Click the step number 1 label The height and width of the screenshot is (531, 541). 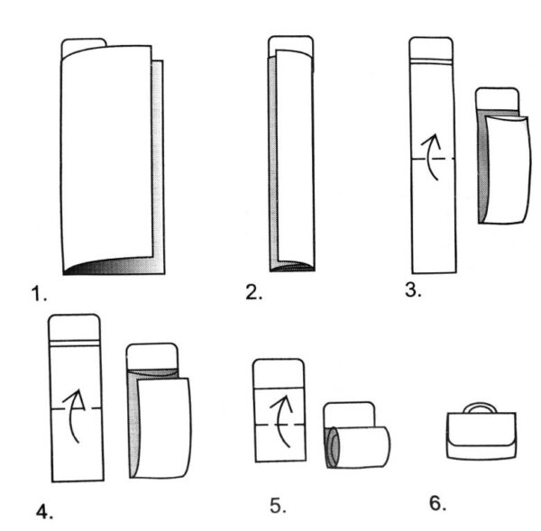(39, 294)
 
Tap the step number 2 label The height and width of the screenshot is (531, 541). (254, 293)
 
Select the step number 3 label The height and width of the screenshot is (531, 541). (413, 289)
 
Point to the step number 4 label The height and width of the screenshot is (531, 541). (44, 511)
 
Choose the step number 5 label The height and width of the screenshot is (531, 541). (278, 506)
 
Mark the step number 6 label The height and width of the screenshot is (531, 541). (437, 503)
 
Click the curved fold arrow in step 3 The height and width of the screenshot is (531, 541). (430, 157)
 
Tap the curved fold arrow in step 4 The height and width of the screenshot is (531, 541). (74, 416)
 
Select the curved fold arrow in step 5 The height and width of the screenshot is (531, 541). (280, 422)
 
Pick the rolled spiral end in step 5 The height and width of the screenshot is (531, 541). (333, 447)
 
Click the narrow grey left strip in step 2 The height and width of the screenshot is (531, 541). (273, 162)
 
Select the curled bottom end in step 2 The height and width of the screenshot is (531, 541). (292, 266)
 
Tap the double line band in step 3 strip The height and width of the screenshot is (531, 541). (431, 61)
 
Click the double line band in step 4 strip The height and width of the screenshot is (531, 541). (75, 343)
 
